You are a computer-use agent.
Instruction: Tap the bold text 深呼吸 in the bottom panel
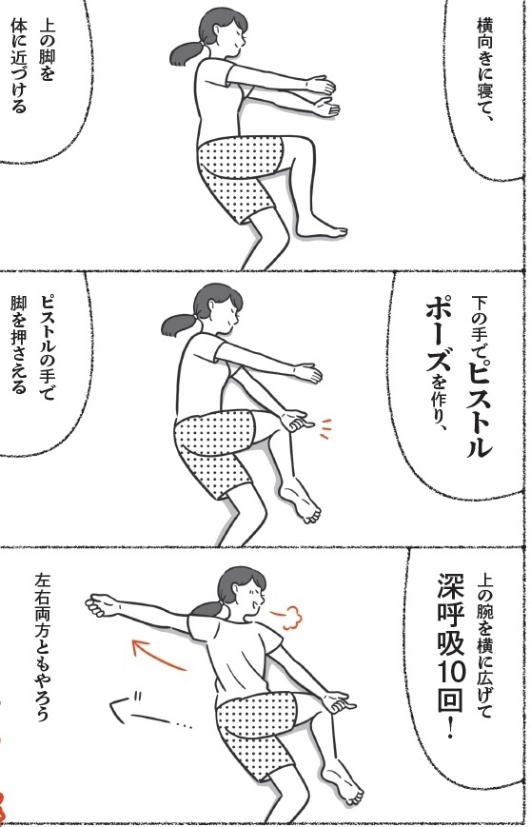451,616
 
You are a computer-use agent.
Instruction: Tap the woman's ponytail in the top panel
187,52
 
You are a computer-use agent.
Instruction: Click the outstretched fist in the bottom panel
99,605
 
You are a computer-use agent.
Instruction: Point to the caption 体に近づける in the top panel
19,67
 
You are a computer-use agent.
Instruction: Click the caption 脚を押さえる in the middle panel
18,346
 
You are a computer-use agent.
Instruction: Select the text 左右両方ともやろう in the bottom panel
43,647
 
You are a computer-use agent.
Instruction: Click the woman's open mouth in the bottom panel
256,606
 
